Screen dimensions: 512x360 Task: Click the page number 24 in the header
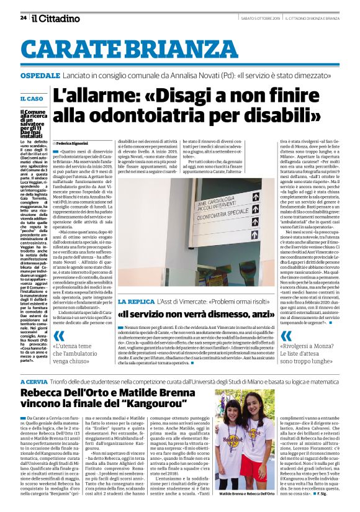[24, 17]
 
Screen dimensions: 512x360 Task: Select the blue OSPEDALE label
[40, 74]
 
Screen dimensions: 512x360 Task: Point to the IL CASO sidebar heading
[32, 99]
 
